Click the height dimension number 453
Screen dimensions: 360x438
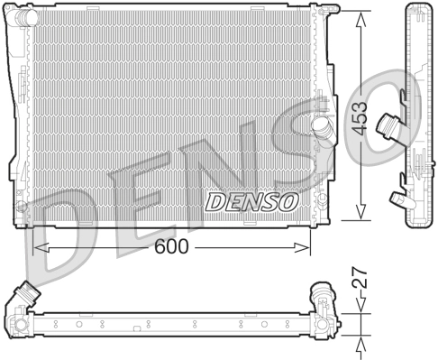[360, 116]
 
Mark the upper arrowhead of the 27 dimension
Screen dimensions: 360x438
[360, 309]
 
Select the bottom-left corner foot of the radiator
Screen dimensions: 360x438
[22, 219]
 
